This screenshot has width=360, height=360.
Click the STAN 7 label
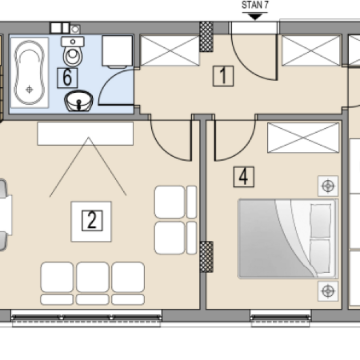pos(255,5)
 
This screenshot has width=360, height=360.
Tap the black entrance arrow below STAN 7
pos(255,17)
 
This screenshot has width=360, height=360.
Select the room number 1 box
pos(223,76)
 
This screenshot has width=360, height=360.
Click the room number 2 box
pos(92,220)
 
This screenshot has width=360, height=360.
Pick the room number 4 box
pos(244,177)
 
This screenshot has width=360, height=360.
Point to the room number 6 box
pos(67,78)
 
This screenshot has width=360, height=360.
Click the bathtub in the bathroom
pos(29,73)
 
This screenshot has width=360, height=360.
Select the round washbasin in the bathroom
pos(79,101)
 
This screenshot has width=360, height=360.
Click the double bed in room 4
pos(288,238)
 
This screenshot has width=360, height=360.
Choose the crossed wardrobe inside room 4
pos(303,138)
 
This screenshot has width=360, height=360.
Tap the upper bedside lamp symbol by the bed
pos(328,186)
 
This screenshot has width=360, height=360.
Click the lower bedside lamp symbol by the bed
pos(328,291)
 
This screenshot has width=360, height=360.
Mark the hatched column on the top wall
pos(206,37)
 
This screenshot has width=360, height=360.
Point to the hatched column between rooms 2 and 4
pos(206,257)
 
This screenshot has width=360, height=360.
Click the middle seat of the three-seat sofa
pos(92,283)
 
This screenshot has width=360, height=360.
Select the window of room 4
pos(280,318)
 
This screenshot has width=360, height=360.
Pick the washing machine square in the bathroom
pos(118,51)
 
